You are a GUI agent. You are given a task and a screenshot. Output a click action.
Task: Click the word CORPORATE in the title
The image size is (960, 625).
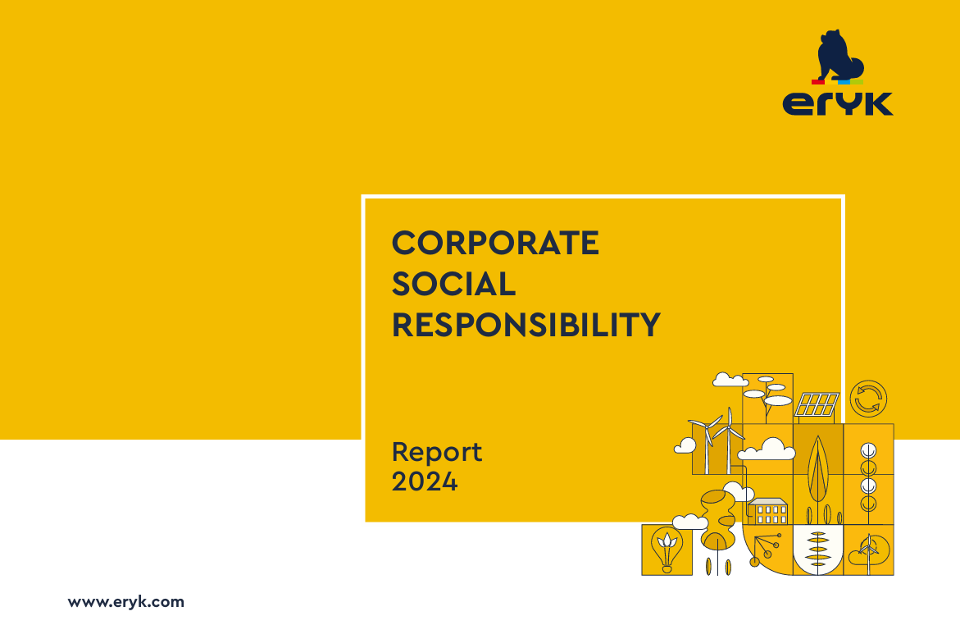pyautogui.click(x=495, y=243)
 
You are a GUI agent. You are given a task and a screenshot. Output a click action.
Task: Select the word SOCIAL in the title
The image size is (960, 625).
pyautogui.click(x=453, y=284)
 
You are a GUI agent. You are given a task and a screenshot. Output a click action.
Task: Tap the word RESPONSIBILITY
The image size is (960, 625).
pyautogui.click(x=526, y=325)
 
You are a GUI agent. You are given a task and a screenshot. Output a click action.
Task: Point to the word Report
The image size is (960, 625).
pyautogui.click(x=436, y=453)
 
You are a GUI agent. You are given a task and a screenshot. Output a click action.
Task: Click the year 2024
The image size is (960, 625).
pyautogui.click(x=425, y=481)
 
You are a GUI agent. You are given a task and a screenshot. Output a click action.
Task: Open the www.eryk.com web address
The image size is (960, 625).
pyautogui.click(x=126, y=602)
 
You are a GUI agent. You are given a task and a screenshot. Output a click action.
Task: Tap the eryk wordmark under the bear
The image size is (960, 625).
pyautogui.click(x=838, y=103)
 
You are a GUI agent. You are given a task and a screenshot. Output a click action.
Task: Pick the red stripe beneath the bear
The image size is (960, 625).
pyautogui.click(x=818, y=81)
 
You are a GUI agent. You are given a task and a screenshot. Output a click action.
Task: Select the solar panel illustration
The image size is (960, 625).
pyautogui.click(x=817, y=405)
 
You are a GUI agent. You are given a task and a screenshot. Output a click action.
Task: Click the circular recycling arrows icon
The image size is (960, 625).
pyautogui.click(x=868, y=399)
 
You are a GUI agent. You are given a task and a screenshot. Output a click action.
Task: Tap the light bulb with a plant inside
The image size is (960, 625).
pyautogui.click(x=667, y=549)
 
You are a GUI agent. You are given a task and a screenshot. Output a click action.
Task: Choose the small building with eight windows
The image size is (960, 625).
pyautogui.click(x=768, y=512)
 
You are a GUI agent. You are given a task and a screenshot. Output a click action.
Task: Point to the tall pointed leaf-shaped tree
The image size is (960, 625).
pyautogui.click(x=818, y=469)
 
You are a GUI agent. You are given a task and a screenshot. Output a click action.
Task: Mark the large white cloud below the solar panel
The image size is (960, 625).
pyautogui.click(x=767, y=449)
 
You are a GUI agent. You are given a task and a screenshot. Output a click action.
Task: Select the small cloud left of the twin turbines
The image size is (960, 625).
pyautogui.click(x=685, y=445)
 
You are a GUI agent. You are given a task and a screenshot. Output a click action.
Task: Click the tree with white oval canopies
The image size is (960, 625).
pyautogui.click(x=768, y=395)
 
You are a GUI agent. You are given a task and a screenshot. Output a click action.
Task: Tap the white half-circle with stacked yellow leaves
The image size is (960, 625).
pyautogui.click(x=818, y=550)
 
